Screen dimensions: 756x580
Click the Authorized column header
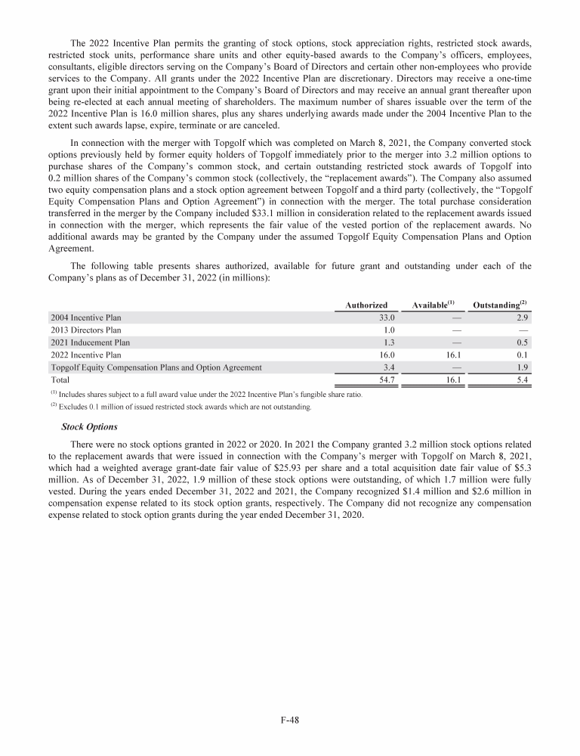pyautogui.click(x=366, y=305)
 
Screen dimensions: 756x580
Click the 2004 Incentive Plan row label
pyautogui.click(x=85, y=318)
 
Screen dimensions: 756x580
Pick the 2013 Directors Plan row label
pyautogui.click(x=85, y=330)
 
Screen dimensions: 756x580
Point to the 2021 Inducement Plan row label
pyautogui.click(x=89, y=342)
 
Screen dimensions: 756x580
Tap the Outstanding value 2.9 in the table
pyautogui.click(x=520, y=318)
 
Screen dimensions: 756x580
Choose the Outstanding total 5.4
pyautogui.click(x=520, y=380)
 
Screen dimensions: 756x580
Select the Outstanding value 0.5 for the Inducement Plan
pyautogui.click(x=520, y=342)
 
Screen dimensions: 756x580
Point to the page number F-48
pyautogui.click(x=289, y=720)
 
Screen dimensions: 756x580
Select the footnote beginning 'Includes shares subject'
pyautogui.click(x=211, y=395)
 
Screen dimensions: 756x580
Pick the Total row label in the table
pyautogui.click(x=61, y=380)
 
